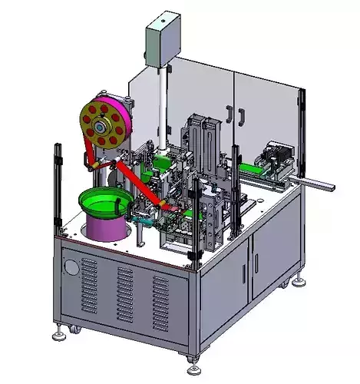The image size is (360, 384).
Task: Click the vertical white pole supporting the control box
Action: (163, 108)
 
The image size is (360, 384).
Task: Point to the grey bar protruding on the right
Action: (318, 184)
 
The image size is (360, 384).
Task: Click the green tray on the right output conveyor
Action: (253, 170)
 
